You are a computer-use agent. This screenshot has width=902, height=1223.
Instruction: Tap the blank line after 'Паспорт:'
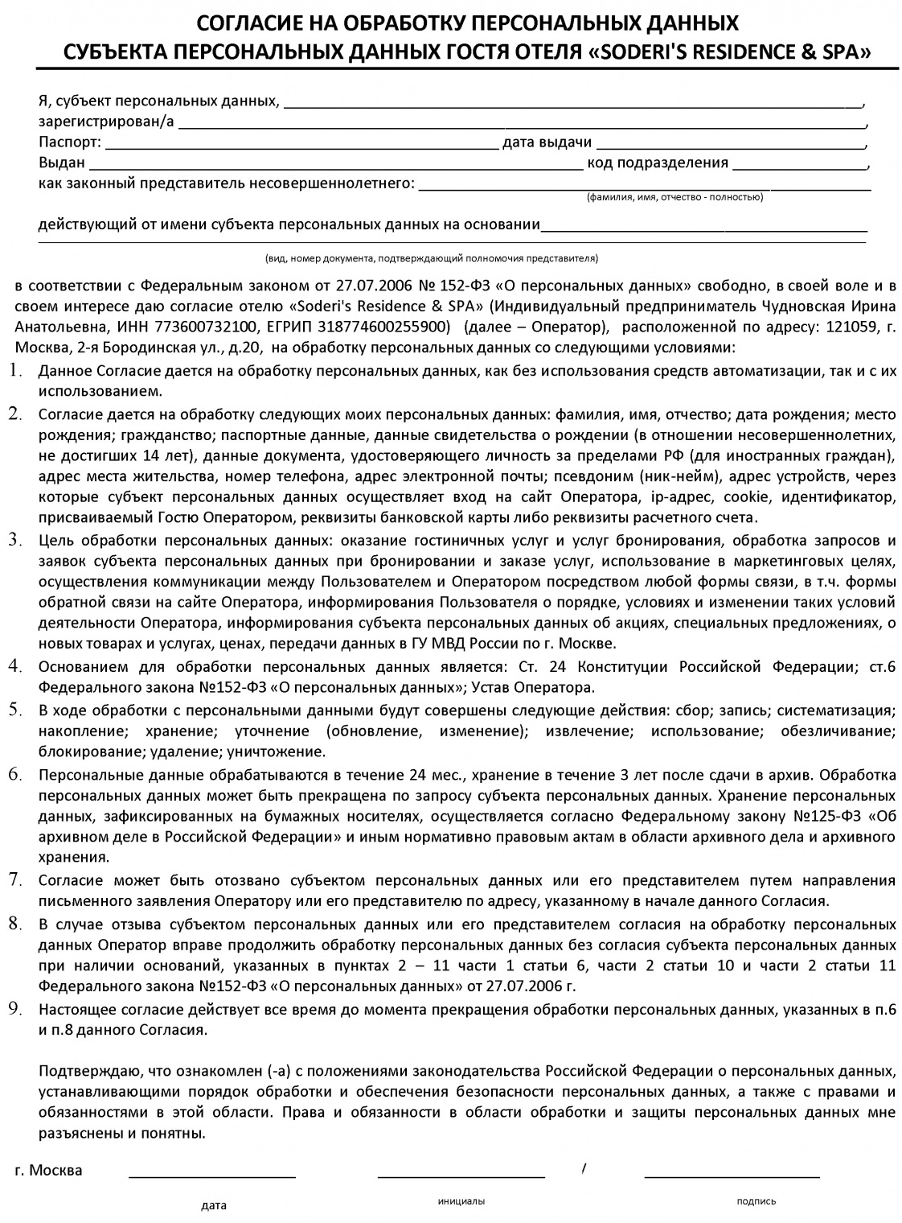(x=301, y=148)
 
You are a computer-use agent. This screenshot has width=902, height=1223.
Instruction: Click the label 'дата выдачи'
(x=547, y=143)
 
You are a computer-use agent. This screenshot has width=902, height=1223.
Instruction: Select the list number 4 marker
(x=15, y=665)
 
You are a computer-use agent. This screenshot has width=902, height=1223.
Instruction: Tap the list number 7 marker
(x=15, y=878)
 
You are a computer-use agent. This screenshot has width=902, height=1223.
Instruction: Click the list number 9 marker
(x=15, y=1008)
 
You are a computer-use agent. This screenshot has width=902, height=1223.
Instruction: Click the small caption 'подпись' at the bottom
(x=756, y=1201)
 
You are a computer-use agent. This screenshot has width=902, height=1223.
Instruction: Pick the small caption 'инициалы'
(x=461, y=1200)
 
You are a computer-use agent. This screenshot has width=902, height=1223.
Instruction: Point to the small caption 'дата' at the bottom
(x=214, y=1205)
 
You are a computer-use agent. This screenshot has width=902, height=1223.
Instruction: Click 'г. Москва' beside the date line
(x=48, y=1170)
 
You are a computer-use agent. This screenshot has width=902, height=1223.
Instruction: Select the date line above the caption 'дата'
(x=212, y=1176)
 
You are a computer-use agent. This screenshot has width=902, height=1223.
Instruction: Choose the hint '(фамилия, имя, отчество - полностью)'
(x=674, y=197)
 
